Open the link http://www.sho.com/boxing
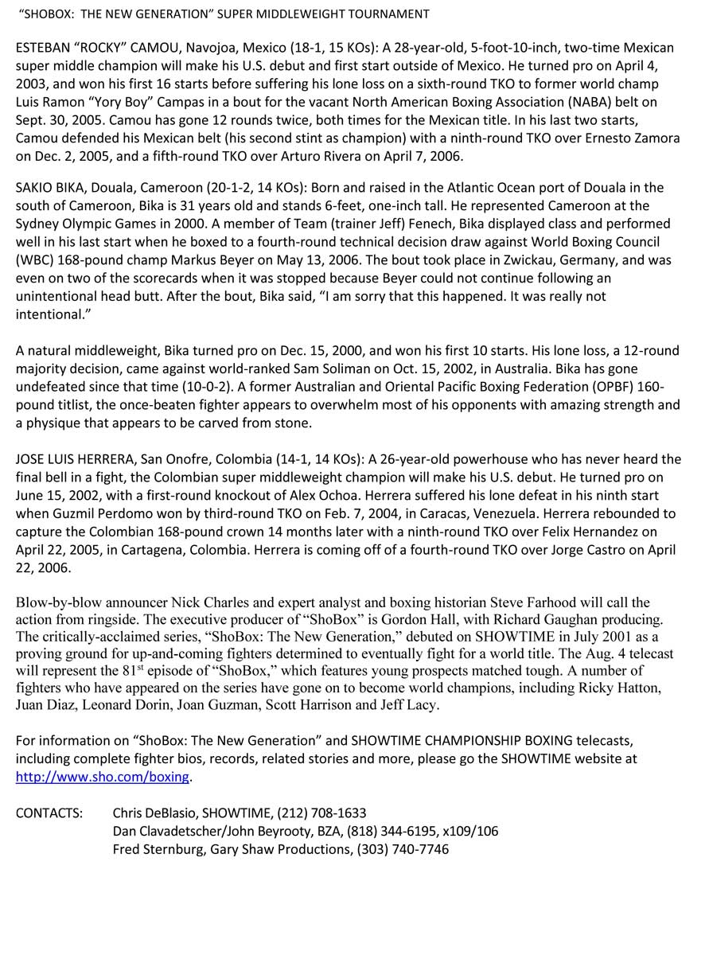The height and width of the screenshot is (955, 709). pyautogui.click(x=103, y=777)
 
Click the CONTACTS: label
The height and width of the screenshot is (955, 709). pyautogui.click(x=49, y=813)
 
